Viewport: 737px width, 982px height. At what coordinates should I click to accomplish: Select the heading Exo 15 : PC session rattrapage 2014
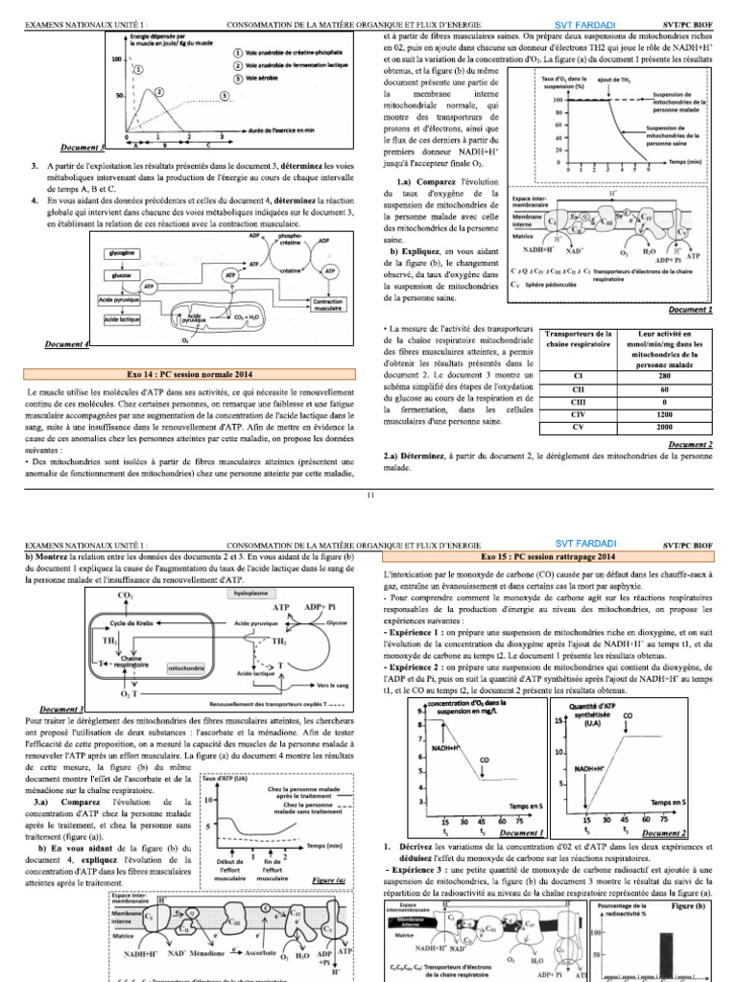548,555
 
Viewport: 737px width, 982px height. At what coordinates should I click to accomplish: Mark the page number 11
369,494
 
